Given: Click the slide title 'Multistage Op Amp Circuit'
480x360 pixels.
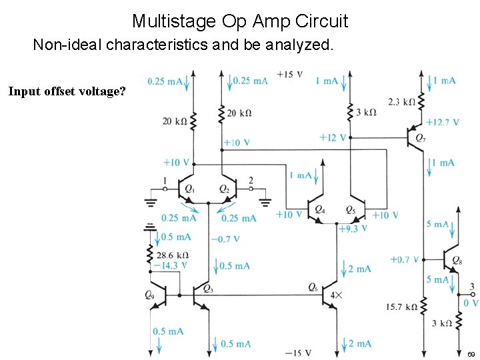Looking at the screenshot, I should click(x=240, y=21).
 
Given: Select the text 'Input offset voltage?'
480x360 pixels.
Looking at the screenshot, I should click(x=67, y=91).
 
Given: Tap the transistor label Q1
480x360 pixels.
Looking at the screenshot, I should click(x=190, y=191).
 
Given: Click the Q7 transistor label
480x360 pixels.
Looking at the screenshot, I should click(x=419, y=138).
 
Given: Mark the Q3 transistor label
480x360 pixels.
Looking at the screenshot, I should click(x=207, y=289).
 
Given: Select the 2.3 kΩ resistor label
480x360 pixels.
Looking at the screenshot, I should click(x=402, y=102).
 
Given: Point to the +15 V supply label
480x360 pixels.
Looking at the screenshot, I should click(x=291, y=73).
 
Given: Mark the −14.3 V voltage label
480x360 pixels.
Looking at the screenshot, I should click(x=170, y=265).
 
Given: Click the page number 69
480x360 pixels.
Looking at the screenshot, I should click(x=471, y=353).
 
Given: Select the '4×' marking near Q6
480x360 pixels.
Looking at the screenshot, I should click(x=336, y=295).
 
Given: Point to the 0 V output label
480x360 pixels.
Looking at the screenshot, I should click(x=471, y=303).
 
